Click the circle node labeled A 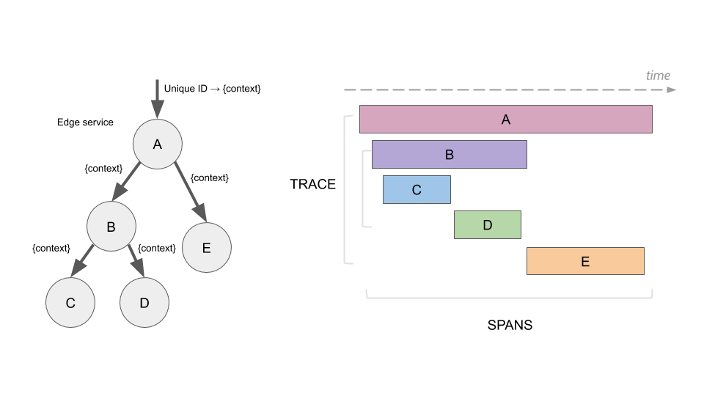[157, 144]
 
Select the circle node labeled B [111, 227]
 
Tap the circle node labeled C [70, 302]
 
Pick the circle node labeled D [144, 302]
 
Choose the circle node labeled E [206, 248]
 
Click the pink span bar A [505, 119]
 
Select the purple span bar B [449, 155]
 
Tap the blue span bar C [417, 190]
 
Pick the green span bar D [487, 225]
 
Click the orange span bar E [584, 261]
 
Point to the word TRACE [312, 184]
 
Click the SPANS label [510, 325]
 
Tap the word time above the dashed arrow [658, 76]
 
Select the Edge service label [85, 122]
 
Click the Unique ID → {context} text [212, 89]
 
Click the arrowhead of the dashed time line [671, 90]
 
